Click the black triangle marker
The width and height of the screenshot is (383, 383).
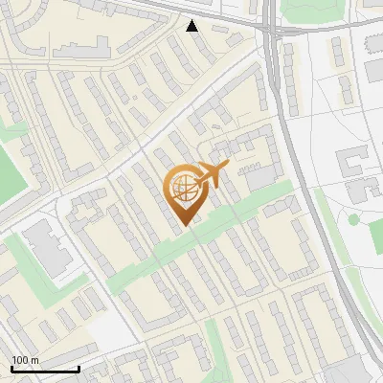[192, 26]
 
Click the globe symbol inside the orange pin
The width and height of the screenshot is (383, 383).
[181, 187]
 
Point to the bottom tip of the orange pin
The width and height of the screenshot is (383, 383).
[182, 225]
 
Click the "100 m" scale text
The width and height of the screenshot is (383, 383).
[26, 360]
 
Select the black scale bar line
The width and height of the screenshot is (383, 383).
[45, 369]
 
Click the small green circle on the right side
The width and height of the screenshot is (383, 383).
[353, 219]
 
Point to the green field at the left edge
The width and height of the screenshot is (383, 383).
[11, 177]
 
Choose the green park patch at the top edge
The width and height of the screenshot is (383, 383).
[306, 10]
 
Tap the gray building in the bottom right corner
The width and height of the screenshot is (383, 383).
[350, 372]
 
